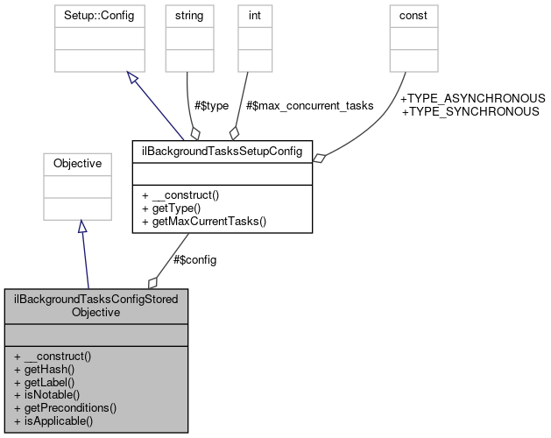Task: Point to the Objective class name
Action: point(77,163)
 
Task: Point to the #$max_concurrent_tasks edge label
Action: point(310,105)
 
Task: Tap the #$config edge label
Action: point(194,259)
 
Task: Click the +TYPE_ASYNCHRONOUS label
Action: point(473,99)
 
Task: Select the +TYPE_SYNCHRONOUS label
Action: point(470,111)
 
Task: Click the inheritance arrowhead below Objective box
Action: point(81,227)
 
